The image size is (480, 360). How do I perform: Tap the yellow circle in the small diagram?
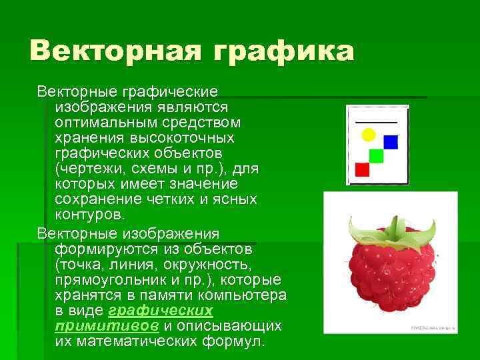click(x=368, y=135)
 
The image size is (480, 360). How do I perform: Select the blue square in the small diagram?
click(x=391, y=142)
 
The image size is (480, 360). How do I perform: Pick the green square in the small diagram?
click(x=376, y=155)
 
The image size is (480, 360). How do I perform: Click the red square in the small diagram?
click(x=362, y=169)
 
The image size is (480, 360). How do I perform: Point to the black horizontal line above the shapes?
click(x=376, y=122)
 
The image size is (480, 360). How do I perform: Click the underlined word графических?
click(x=160, y=311)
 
